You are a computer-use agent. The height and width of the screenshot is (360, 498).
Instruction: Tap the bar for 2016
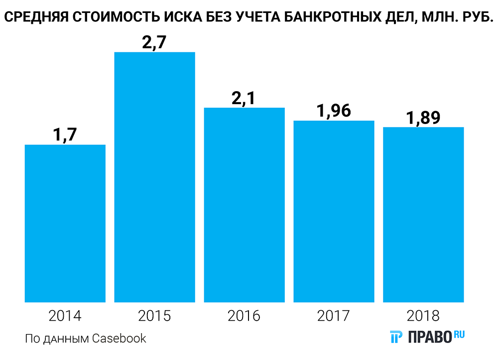[244, 205]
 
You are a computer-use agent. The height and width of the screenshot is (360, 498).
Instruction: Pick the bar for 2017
[334, 211]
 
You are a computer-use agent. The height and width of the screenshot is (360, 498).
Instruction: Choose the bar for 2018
[423, 215]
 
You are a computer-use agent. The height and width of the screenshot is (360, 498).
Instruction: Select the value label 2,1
[244, 98]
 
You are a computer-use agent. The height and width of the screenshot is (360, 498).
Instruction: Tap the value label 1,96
[334, 111]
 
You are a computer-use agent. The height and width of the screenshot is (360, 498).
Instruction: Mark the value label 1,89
[423, 118]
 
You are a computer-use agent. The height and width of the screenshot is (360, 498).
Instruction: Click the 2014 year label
[65, 316]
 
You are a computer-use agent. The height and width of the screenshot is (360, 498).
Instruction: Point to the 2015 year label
[154, 316]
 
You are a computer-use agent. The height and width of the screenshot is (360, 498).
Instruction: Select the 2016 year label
[244, 316]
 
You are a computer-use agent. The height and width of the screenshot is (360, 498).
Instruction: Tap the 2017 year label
[334, 316]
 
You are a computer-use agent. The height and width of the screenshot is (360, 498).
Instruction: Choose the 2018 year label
[423, 316]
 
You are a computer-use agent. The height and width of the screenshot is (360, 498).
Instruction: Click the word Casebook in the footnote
[120, 339]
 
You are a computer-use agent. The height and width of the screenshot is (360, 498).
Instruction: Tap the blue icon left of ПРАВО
[396, 337]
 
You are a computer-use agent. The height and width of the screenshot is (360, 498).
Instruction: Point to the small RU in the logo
[459, 335]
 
